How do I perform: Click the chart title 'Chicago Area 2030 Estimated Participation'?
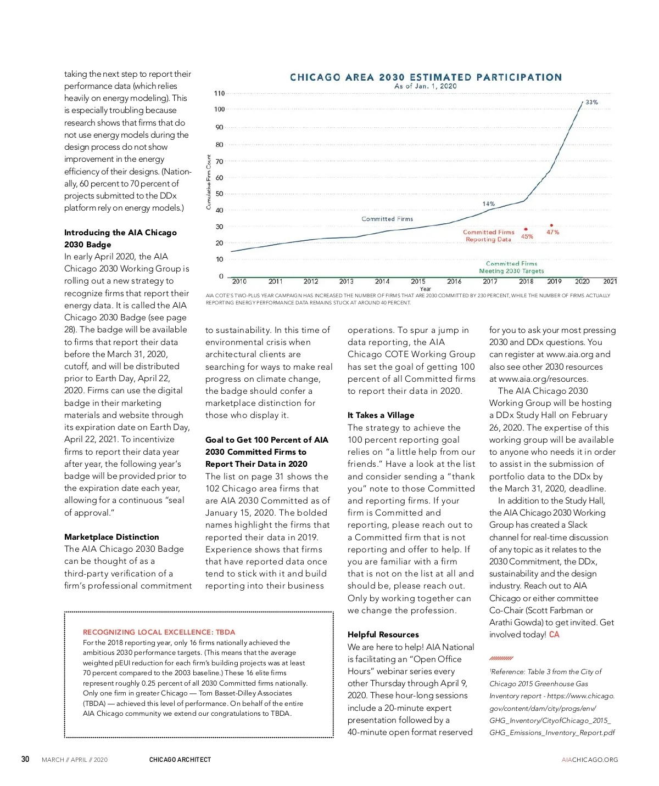(x=426, y=77)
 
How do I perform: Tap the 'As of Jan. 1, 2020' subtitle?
(x=425, y=86)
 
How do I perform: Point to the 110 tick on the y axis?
(x=219, y=93)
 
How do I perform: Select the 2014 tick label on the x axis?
(x=382, y=281)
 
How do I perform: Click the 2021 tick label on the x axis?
(x=610, y=281)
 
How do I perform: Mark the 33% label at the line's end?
(x=591, y=103)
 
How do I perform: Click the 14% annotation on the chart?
(x=488, y=204)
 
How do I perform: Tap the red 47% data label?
(x=552, y=233)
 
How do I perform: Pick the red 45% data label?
(x=527, y=237)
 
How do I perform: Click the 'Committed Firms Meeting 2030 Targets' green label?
(x=511, y=267)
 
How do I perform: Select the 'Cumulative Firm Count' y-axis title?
(x=209, y=182)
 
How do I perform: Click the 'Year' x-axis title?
(x=425, y=289)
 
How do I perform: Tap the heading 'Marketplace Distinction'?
(x=111, y=537)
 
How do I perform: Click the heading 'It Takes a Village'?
(x=381, y=415)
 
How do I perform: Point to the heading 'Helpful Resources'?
(x=383, y=635)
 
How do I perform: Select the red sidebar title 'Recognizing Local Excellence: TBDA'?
(x=159, y=632)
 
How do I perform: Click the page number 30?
(x=25, y=759)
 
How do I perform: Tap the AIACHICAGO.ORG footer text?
(x=589, y=760)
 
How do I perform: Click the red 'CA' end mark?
(x=554, y=635)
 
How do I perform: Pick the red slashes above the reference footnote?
(x=501, y=658)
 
